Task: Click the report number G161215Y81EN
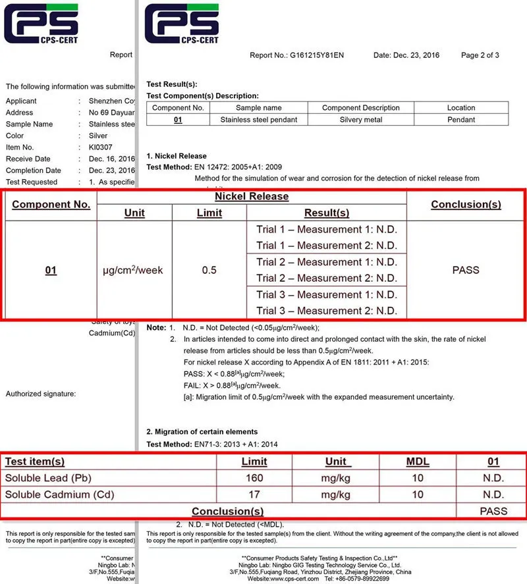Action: pos(317,55)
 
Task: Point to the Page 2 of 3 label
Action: pos(480,55)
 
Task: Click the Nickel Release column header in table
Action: pos(252,196)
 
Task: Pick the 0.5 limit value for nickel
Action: pos(209,270)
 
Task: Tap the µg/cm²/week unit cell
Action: pos(134,270)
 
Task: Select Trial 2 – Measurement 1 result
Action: pos(327,262)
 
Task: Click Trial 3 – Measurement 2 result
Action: pos(327,311)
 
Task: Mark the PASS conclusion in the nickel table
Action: pos(466,270)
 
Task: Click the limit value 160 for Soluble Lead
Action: pos(254,478)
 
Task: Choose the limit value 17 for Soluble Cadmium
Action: pos(254,494)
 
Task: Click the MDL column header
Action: pos(418,462)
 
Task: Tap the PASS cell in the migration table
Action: pos(493,511)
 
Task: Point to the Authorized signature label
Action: pos(41,394)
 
